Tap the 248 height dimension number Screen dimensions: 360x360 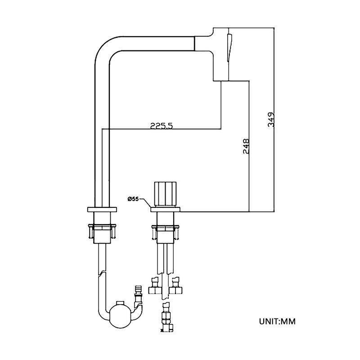point(246,147)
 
